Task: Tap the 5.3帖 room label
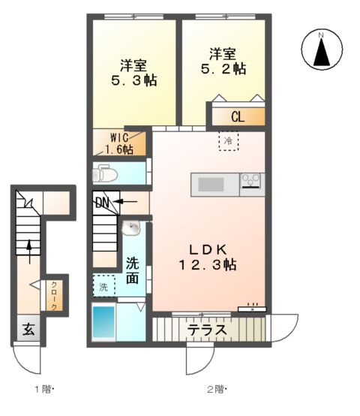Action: tap(135, 70)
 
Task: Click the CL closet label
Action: tap(237, 117)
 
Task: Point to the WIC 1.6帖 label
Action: tap(120, 143)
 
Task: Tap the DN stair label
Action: tap(102, 202)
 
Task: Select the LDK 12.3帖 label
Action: tap(208, 257)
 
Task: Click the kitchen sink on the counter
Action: tap(211, 184)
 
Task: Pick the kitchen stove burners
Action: tap(250, 180)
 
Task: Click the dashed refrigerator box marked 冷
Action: tap(229, 140)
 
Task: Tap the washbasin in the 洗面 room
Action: tap(132, 227)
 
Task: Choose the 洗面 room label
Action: tap(132, 270)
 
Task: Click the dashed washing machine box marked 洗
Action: tap(104, 286)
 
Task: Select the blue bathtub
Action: tap(103, 322)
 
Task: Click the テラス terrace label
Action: tap(208, 329)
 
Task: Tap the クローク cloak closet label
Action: tap(54, 295)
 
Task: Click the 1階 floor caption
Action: tap(43, 389)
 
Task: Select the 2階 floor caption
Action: tap(216, 389)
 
